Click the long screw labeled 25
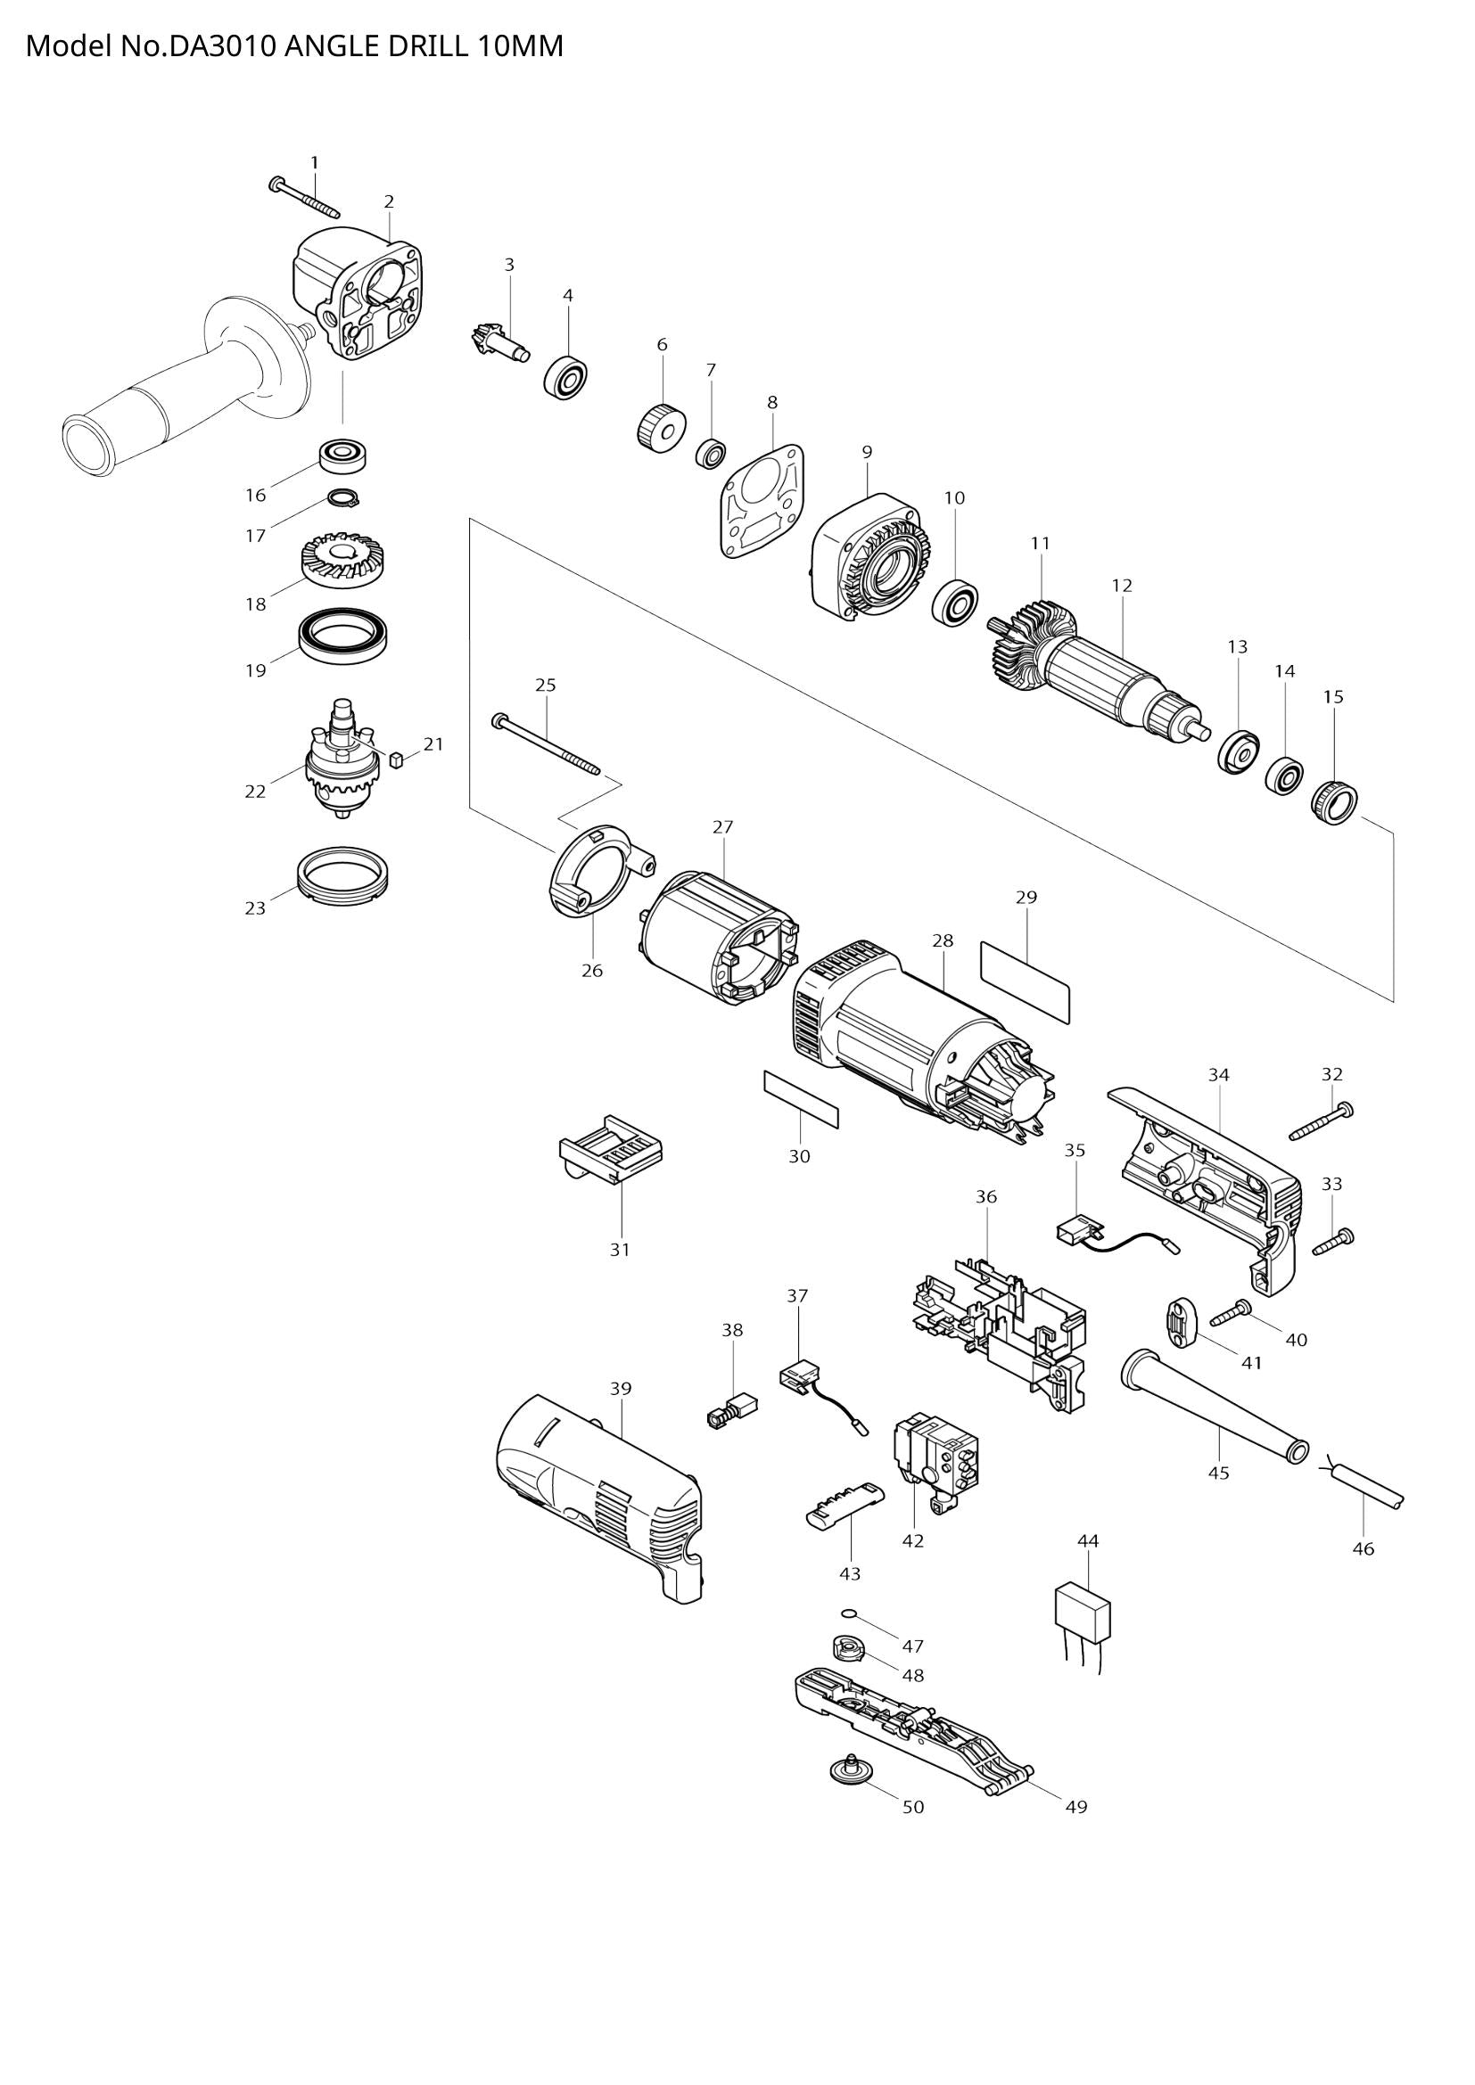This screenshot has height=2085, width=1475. click(x=545, y=745)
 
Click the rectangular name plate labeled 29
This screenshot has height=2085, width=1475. click(x=1026, y=981)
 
